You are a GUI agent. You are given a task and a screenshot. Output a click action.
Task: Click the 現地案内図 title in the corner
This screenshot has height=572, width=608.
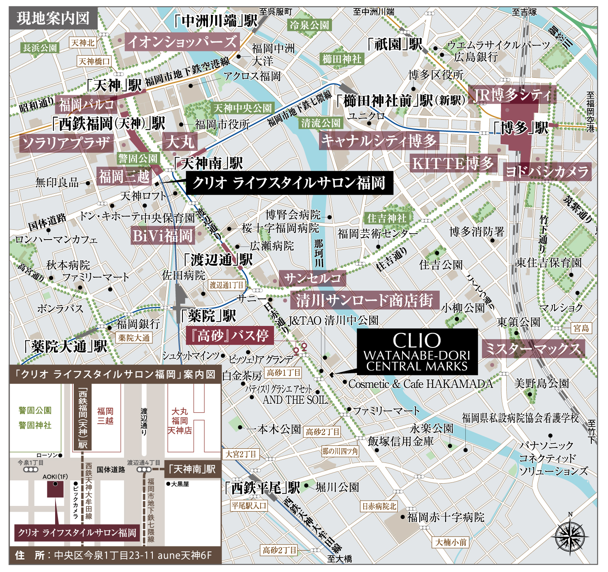tap(53, 18)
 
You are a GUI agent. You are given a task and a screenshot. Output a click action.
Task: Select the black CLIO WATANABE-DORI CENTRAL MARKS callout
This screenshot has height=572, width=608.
tap(417, 351)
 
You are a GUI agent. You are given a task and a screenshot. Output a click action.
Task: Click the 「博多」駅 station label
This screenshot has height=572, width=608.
tap(520, 128)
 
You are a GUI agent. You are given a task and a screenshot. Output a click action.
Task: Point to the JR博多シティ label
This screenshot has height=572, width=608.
tap(512, 95)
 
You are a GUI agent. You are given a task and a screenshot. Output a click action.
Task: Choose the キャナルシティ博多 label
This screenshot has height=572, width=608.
tap(379, 141)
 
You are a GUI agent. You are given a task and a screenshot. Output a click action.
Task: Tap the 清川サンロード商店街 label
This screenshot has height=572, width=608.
tap(364, 300)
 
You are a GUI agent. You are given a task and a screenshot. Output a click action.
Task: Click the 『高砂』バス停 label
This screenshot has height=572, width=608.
tap(229, 335)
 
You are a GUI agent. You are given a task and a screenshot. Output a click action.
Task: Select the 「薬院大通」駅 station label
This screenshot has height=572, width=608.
tap(66, 346)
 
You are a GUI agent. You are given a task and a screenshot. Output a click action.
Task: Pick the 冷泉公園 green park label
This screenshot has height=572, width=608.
tap(310, 25)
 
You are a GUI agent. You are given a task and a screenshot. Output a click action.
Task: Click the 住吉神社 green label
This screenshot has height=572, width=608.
tap(386, 218)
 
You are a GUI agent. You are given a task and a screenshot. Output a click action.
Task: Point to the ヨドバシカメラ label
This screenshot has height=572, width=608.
tap(547, 171)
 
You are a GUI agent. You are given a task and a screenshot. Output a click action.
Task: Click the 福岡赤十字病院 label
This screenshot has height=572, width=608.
tap(445, 517)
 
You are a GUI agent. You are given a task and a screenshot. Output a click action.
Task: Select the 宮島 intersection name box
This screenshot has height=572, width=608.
tap(581, 328)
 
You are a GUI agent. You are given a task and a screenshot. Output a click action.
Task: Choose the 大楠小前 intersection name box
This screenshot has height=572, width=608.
tap(451, 542)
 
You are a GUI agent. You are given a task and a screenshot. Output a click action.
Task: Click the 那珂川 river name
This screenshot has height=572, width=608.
tap(319, 253)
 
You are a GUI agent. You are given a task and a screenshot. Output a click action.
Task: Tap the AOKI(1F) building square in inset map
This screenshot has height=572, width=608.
tap(55, 489)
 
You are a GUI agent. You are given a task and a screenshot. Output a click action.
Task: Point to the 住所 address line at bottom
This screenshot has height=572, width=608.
tap(115, 555)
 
